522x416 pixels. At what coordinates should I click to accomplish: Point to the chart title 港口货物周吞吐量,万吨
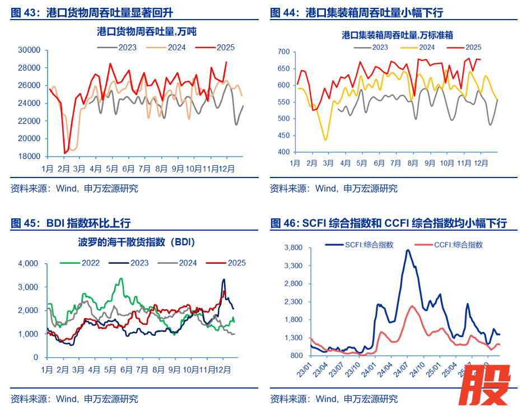coord(147,32)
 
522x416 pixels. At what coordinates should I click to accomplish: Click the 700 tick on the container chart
coord(283,52)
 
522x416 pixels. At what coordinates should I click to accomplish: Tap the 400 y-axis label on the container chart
coord(283,152)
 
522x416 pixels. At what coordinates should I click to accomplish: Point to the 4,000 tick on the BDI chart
coord(27,264)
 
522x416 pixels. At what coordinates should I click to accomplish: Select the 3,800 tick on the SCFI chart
coord(293,247)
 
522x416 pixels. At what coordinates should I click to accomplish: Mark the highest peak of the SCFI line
coord(408,250)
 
